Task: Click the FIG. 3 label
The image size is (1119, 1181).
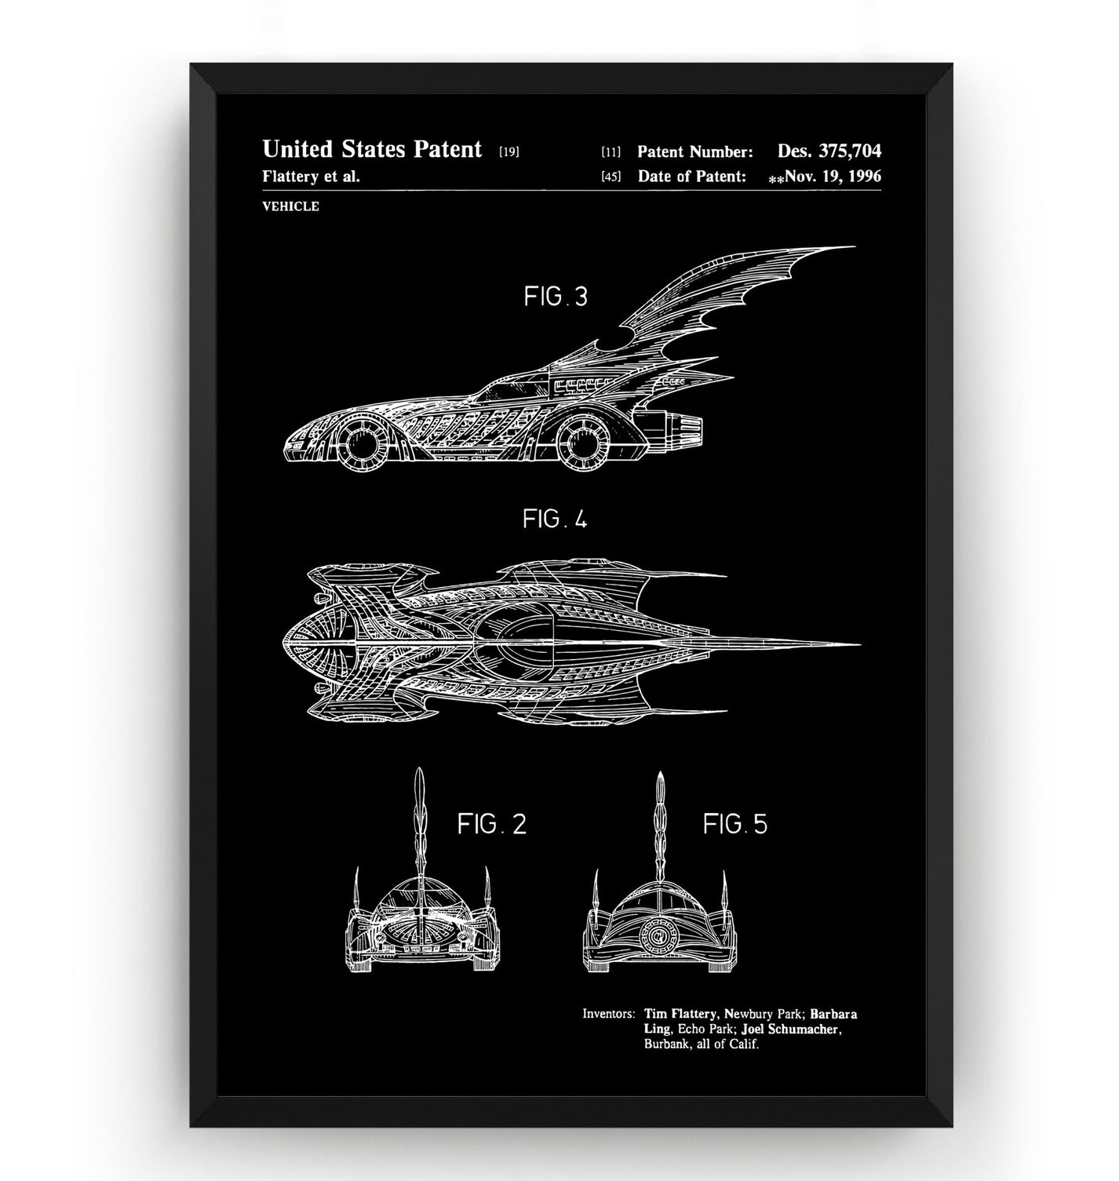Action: click(x=555, y=297)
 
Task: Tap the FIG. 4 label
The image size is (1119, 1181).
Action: click(x=555, y=519)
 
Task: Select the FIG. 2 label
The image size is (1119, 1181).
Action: click(x=491, y=823)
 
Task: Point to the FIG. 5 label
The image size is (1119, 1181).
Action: click(x=734, y=823)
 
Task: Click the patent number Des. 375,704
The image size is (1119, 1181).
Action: click(x=829, y=151)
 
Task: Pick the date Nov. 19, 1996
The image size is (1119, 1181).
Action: click(x=833, y=176)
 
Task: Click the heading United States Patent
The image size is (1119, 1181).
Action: click(x=372, y=149)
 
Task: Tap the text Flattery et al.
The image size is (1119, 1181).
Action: click(x=311, y=176)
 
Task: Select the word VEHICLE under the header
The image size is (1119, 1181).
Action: click(x=290, y=206)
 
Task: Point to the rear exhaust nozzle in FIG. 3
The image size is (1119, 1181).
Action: click(x=681, y=428)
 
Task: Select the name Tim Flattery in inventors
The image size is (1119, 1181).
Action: click(x=680, y=1014)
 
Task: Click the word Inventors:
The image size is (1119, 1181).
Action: click(x=607, y=1014)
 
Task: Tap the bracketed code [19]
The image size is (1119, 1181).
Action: click(x=508, y=151)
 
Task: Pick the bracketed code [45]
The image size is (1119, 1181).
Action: click(x=611, y=177)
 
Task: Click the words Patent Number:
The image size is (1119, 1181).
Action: click(x=695, y=151)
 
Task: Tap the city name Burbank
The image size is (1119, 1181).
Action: click(x=666, y=1044)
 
